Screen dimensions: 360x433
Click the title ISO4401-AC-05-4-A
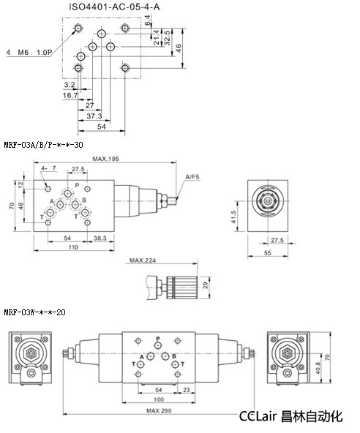114,7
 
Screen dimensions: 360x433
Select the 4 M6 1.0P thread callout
29,52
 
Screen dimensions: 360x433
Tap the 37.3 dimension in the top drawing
94,116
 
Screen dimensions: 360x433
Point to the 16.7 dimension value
70,95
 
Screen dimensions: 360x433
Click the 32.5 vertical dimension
167,38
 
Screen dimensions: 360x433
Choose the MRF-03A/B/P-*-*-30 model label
43,145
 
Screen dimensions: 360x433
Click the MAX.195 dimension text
105,159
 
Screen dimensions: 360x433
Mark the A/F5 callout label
192,177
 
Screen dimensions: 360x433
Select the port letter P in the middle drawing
77,185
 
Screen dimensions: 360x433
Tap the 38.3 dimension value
100,238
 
